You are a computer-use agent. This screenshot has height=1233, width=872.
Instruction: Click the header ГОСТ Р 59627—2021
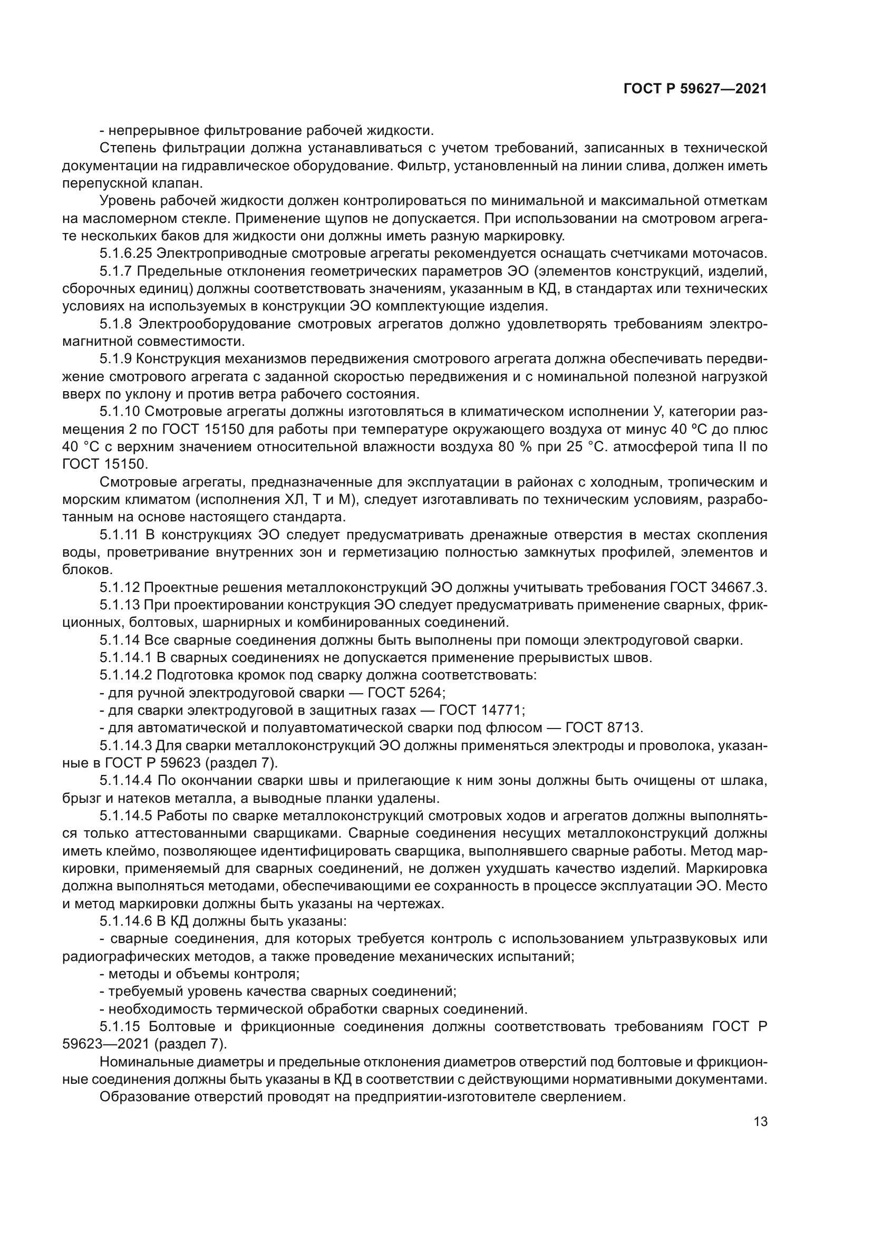coord(695,89)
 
